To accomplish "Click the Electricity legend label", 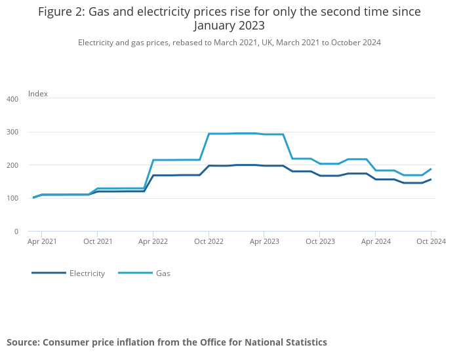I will click(87, 273).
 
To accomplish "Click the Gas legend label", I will click(163, 273).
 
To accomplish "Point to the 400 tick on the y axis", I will click(12, 99).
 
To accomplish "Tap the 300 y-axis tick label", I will click(12, 132).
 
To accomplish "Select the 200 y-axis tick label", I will click(12, 165).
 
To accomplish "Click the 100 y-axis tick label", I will click(12, 198).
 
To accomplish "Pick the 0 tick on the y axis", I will click(16, 231).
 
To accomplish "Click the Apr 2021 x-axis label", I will click(42, 241).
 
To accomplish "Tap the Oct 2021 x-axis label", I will click(98, 241).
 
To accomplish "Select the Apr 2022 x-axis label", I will click(153, 241).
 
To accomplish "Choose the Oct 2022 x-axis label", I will click(209, 241).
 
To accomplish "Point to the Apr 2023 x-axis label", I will click(264, 241).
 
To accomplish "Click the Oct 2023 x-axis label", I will click(319, 241).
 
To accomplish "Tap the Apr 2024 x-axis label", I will click(375, 241).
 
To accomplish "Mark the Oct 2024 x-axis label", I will click(431, 241).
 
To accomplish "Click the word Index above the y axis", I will click(38, 94).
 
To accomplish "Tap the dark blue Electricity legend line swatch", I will click(49, 273).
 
